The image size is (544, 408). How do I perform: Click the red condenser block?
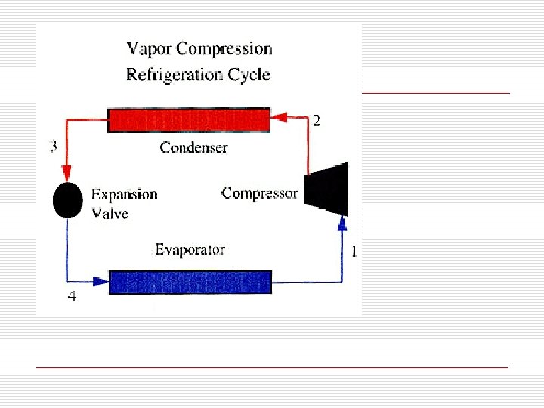coord(188,120)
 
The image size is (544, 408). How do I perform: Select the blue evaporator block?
coord(190,282)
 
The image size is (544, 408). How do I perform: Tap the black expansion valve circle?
coord(67,200)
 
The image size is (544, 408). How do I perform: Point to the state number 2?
coord(317,121)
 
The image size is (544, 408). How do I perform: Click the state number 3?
coord(53,147)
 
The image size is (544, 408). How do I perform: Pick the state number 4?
coord(71,297)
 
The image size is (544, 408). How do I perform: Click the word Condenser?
coord(193,147)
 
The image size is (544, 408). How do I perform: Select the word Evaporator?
coord(190,249)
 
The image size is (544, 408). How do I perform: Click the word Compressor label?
coord(260,193)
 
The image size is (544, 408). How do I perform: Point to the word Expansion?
coord(125,194)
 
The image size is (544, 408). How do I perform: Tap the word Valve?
coord(110,213)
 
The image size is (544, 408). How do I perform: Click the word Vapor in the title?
coord(148,50)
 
